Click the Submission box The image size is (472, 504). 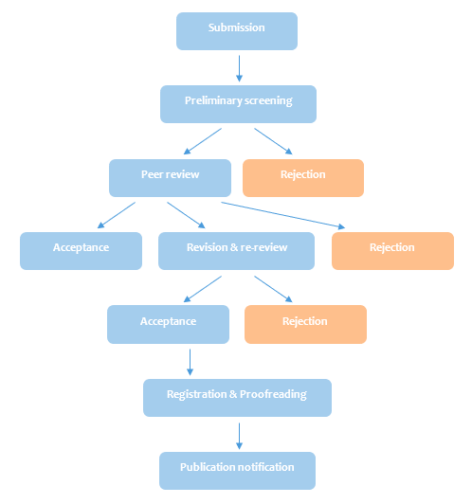pos(237,31)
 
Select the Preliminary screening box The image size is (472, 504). pos(238,104)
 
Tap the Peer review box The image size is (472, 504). pos(170,178)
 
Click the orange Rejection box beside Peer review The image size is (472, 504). pos(303,178)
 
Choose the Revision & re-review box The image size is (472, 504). pos(236,251)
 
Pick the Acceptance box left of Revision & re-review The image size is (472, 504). pos(81,251)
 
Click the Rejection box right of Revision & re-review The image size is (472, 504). pos(392,251)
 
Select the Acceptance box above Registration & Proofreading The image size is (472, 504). pos(168,324)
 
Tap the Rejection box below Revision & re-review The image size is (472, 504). pos(305,324)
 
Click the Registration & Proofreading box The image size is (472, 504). pos(237,398)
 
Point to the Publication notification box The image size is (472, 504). pos(237,471)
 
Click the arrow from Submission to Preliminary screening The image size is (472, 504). pos(239,68)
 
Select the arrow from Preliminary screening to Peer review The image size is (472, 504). pos(203,141)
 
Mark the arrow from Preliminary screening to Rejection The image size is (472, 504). pos(273,141)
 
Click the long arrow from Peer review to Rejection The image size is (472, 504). pos(283,215)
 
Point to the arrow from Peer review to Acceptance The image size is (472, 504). pos(117,215)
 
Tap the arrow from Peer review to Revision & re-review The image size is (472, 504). pos(186,215)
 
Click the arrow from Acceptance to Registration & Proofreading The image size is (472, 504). pos(190,362)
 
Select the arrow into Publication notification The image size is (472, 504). pos(239,436)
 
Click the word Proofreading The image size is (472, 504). pos(273,395)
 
